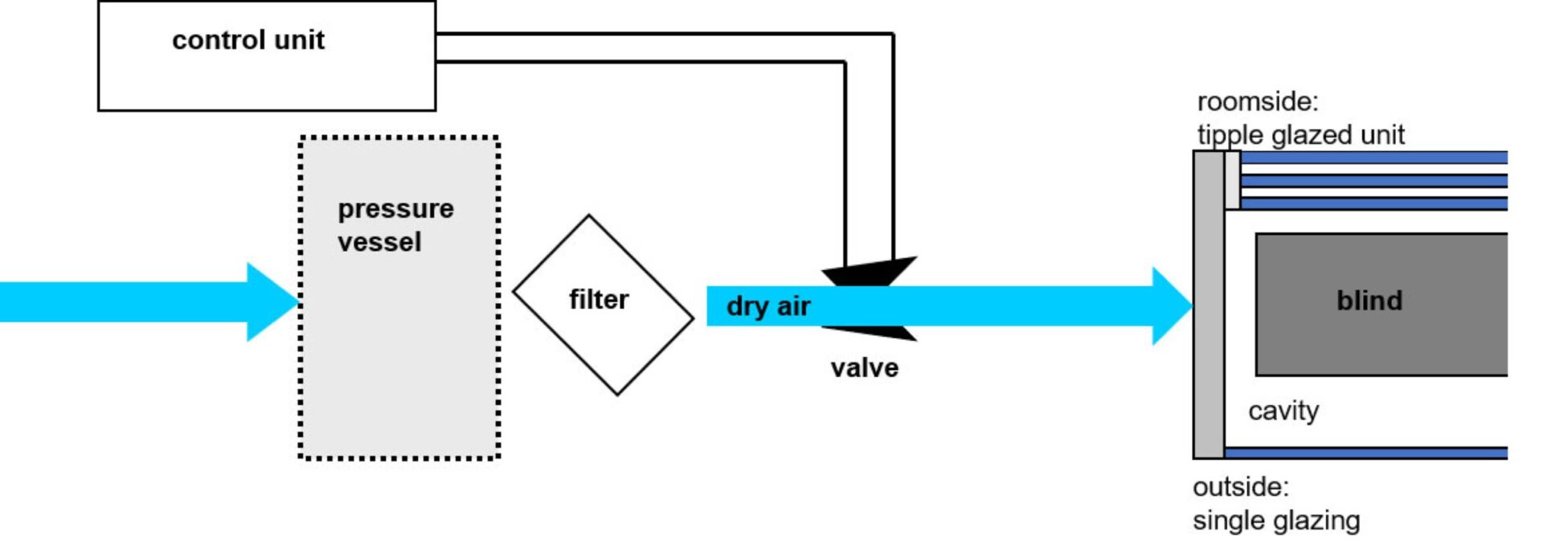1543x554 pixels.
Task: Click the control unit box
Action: (x=266, y=72)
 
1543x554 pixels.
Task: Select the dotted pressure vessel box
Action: (x=399, y=346)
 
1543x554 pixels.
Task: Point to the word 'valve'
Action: (x=864, y=368)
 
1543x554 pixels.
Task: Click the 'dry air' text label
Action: (x=767, y=306)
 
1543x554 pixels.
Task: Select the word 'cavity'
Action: (x=1283, y=411)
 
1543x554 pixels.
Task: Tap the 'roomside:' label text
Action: (x=1257, y=102)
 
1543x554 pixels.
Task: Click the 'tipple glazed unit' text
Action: (x=1300, y=135)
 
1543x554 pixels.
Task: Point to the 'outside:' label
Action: (x=1240, y=487)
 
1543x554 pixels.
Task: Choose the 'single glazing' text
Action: (x=1276, y=521)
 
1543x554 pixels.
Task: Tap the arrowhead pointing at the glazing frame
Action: (x=1172, y=306)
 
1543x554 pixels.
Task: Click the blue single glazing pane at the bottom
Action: (x=1366, y=453)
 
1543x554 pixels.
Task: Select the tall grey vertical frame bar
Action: (x=1208, y=306)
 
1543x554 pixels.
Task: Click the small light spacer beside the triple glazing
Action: (x=1232, y=180)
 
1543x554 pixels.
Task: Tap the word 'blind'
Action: (x=1369, y=301)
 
